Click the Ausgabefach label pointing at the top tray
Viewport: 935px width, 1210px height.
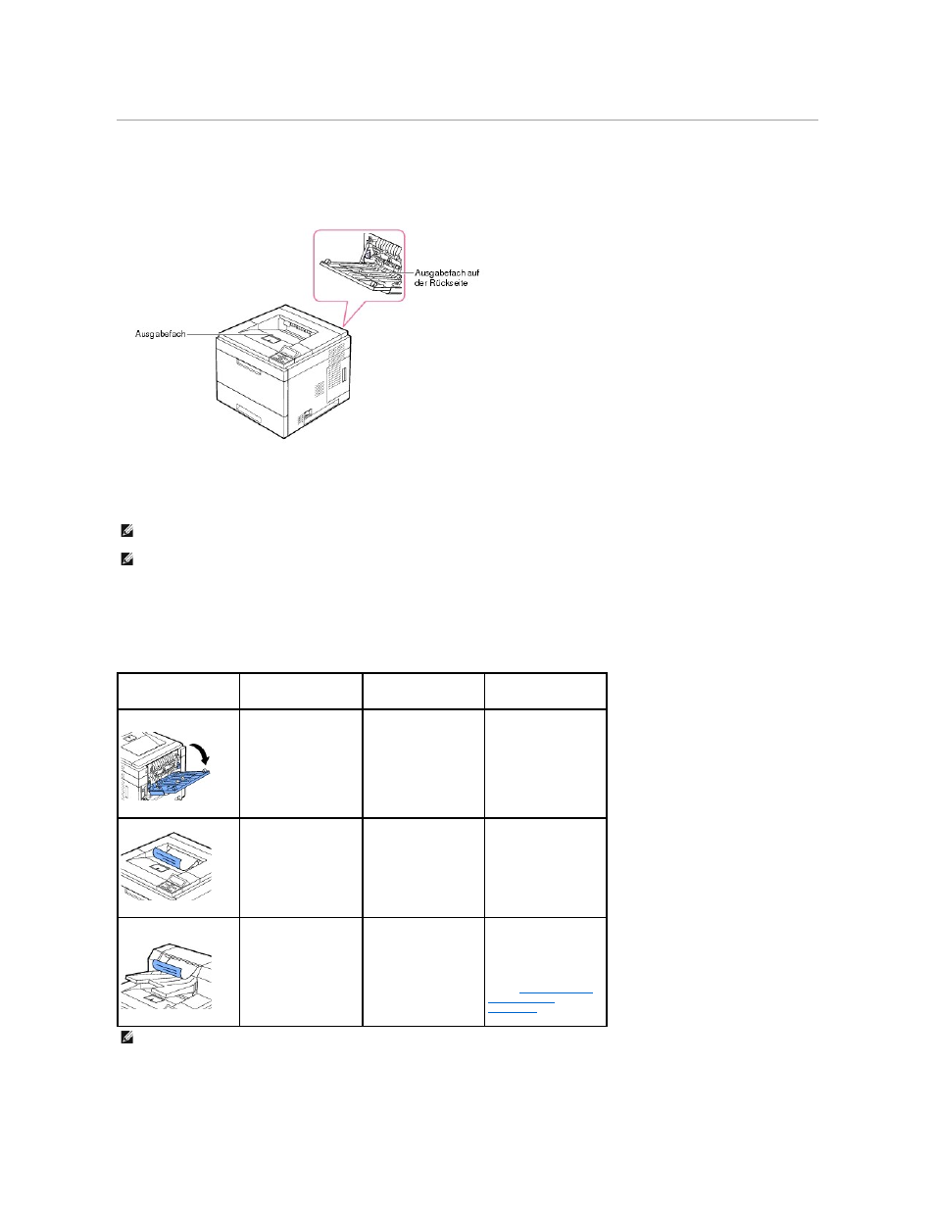coord(161,334)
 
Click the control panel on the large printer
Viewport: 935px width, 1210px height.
coord(285,354)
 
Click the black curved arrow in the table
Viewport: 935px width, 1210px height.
coord(200,754)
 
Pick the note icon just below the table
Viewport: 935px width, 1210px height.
coord(127,1038)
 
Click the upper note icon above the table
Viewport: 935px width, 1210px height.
coord(127,531)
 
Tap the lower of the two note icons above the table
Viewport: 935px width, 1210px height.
coord(127,559)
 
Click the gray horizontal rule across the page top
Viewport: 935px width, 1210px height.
coord(467,120)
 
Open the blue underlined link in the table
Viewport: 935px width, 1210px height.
coord(540,1001)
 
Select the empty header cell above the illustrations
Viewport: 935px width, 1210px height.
coord(178,691)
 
